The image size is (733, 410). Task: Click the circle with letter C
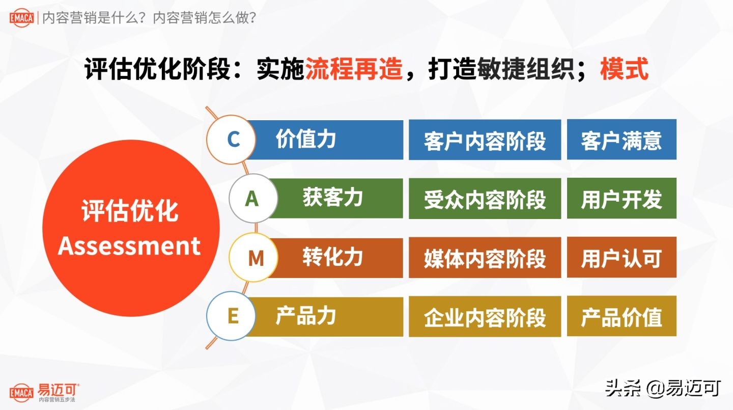[x=233, y=139]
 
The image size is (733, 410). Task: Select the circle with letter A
[x=252, y=199]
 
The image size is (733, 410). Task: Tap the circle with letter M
[x=255, y=258]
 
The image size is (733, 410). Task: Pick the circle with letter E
[x=233, y=316]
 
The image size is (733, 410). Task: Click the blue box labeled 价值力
[x=326, y=140]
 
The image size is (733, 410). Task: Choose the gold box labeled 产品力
[x=326, y=316]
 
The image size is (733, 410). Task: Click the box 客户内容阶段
[x=485, y=140]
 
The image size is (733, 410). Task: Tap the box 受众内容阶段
[x=485, y=199]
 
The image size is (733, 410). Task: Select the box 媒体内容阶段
[x=485, y=258]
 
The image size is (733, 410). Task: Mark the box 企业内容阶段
[x=485, y=317]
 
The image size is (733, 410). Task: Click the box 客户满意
[x=622, y=140]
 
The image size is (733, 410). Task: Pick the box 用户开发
[x=622, y=199]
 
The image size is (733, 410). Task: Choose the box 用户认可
[x=622, y=258]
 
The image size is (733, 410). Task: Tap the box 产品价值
[x=622, y=317]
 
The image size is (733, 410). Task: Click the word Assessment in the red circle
[x=129, y=245]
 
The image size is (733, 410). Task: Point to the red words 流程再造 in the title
[x=354, y=69]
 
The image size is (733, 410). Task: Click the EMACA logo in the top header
[x=21, y=18]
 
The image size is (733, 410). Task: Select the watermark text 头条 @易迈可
[x=663, y=388]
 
